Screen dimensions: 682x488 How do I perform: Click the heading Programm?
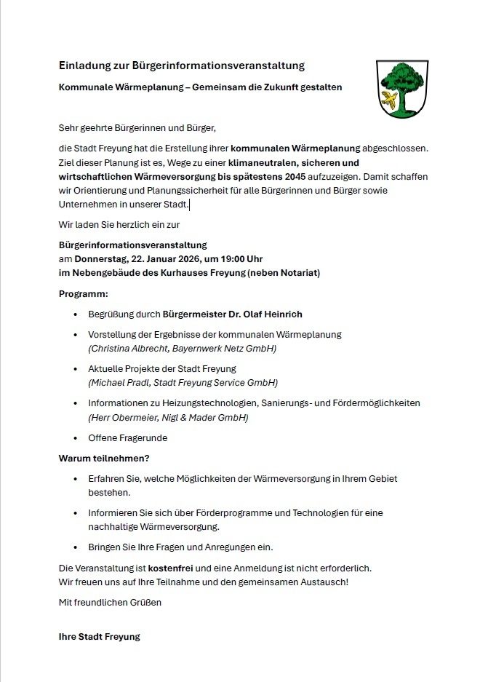coord(83,294)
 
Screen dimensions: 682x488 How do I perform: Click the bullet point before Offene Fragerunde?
coord(76,438)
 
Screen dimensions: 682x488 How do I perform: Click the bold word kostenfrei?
coord(172,567)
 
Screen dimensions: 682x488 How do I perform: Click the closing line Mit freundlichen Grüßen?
coord(110,602)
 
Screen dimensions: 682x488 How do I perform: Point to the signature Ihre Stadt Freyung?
coord(99,636)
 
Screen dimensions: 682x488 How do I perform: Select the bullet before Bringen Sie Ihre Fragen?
coord(76,547)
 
